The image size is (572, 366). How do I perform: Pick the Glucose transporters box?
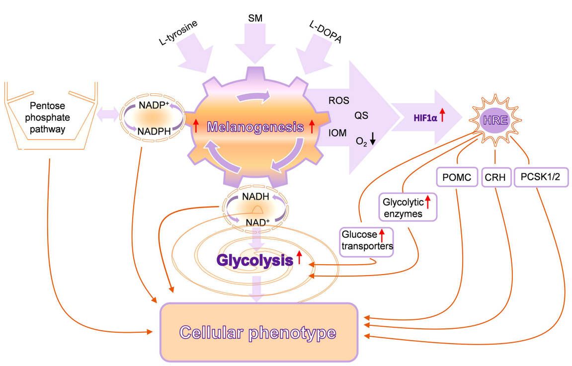pos(367,242)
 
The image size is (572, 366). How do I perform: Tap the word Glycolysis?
pos(253,259)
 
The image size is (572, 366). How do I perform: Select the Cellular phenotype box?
pos(258,332)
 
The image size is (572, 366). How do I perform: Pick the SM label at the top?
pos(255,18)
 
